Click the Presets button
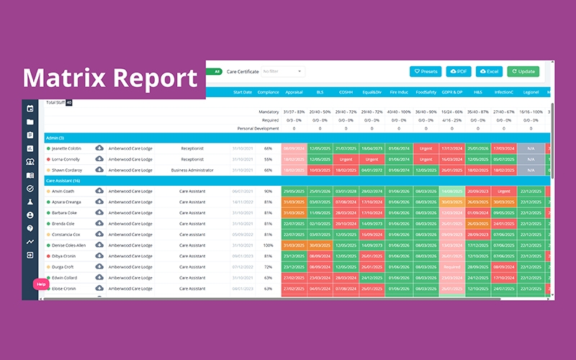[x=426, y=71]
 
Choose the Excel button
[x=489, y=71]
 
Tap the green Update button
[x=523, y=71]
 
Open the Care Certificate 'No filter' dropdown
[x=282, y=71]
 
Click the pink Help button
[x=41, y=284]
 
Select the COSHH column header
[x=346, y=92]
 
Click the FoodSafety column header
[x=426, y=92]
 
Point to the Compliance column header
[x=268, y=92]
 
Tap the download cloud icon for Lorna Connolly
[x=99, y=158]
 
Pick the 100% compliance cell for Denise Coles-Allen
[x=268, y=246]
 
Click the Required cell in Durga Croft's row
[x=452, y=266]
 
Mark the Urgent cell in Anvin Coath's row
[x=504, y=192]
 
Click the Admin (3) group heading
[x=55, y=138]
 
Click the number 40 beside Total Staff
[x=69, y=102]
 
